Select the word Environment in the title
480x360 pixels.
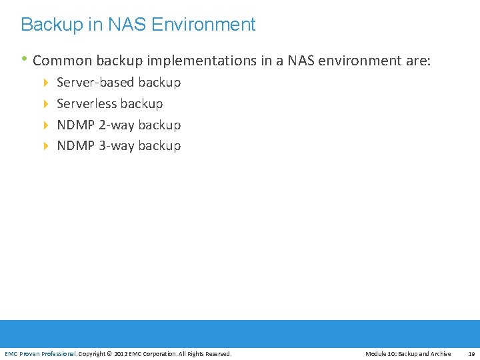[x=203, y=25]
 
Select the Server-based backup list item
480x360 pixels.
[x=119, y=83]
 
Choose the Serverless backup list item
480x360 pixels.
[x=110, y=104]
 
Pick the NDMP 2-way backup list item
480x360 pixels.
[x=119, y=125]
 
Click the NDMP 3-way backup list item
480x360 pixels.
[x=119, y=146]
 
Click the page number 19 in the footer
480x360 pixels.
[x=471, y=354]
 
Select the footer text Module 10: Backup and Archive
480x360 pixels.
[x=408, y=354]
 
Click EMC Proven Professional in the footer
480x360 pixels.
[x=41, y=354]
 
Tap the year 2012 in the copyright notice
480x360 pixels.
[x=121, y=354]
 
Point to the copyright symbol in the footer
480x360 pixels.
[x=109, y=354]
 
